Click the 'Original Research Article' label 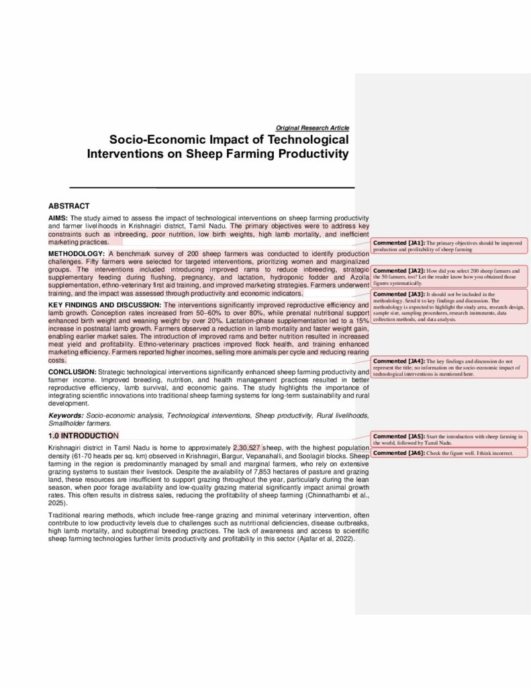[312, 128]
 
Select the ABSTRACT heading [69, 206]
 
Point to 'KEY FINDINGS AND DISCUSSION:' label [105, 305]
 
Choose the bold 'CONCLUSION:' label [72, 372]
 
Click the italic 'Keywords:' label [66, 417]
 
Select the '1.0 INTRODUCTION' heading [83, 436]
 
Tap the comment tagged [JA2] [449, 276]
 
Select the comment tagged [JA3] [449, 306]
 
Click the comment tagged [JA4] [449, 367]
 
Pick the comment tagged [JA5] [449, 439]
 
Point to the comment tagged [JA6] [449, 454]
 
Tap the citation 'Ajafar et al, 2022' [325, 539]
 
